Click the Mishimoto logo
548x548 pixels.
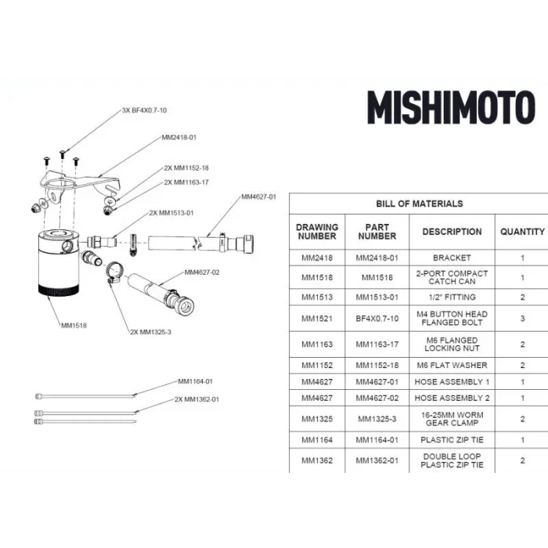coord(451,107)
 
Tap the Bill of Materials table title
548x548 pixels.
coord(420,204)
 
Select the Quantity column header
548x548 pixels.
coord(522,232)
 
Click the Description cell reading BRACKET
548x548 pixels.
coord(452,258)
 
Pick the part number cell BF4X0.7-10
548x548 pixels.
coord(377,319)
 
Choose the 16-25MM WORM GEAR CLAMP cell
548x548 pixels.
coord(452,419)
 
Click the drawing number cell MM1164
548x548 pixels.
coord(317,440)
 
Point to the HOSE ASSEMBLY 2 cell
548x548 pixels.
coord(452,398)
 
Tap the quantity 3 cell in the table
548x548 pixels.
coord(522,319)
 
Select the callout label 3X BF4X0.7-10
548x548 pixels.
coord(144,110)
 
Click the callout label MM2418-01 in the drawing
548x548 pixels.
coord(179,138)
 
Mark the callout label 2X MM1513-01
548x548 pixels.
coord(171,213)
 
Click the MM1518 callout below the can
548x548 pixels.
coord(74,326)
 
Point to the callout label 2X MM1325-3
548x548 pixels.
coord(150,332)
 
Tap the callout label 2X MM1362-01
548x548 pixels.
coord(196,399)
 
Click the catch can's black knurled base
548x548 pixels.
coord(59,290)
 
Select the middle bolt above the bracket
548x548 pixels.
coord(62,153)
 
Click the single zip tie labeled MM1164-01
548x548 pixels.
coord(85,396)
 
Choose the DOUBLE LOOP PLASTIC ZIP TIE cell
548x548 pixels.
coord(452,460)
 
